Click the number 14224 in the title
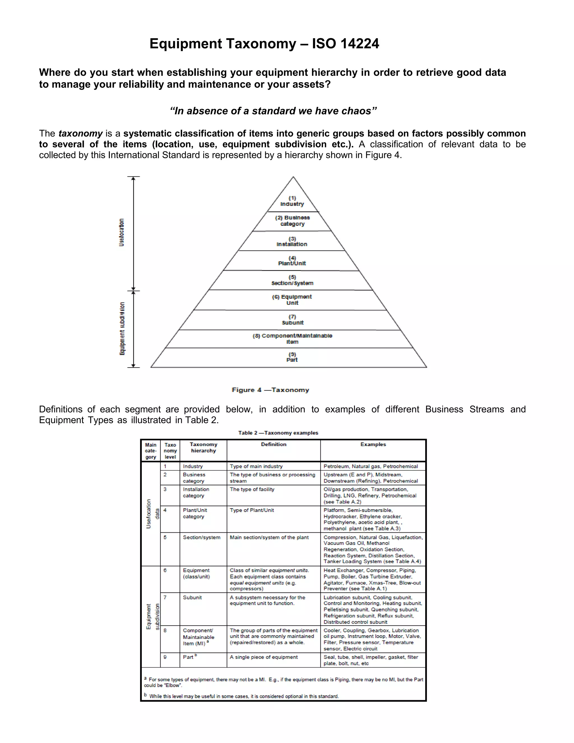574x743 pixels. [x=360, y=44]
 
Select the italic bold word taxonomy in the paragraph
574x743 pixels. [x=81, y=133]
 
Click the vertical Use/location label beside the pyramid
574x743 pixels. [x=121, y=232]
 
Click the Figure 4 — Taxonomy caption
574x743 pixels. [x=270, y=390]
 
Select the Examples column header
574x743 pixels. [x=373, y=444]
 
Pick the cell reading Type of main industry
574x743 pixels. [x=256, y=467]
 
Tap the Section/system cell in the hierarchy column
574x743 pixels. [x=202, y=537]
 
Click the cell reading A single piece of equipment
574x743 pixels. [x=263, y=657]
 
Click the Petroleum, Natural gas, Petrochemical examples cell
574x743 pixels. [x=371, y=467]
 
